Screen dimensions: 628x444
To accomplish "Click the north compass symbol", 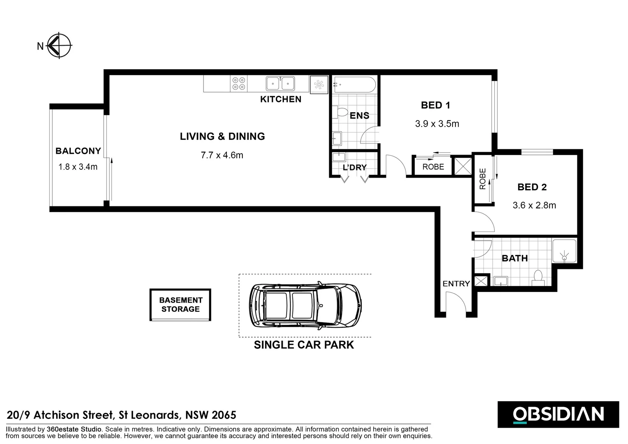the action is coord(59,46).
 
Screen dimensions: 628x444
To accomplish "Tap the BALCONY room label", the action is coord(78,151).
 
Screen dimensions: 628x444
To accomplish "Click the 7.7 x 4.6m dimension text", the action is coord(222,155).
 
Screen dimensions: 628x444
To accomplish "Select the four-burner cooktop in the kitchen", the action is coord(239,83).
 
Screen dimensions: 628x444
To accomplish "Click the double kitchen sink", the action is coord(280,83).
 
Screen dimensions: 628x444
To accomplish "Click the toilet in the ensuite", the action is coord(340,112).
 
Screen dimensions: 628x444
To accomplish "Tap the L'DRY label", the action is coord(355,167).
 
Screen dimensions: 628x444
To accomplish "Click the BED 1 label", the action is coord(436,105).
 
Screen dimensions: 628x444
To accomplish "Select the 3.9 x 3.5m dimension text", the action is coord(437,124).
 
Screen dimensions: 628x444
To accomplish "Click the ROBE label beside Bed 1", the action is coord(433,167).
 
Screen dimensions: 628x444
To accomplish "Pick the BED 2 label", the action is coord(532,187).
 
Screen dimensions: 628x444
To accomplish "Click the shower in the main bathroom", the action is coord(564,251).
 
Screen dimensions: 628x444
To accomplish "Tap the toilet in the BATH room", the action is coord(538,278).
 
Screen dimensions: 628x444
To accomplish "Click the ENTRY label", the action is coord(456,284).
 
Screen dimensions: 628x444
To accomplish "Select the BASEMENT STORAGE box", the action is coord(180,305).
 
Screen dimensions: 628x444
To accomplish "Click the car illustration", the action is coord(305,305).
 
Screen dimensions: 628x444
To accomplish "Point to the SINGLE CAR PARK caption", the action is coord(304,345).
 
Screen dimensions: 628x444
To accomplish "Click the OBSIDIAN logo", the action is coord(558,414).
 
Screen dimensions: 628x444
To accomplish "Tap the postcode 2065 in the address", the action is coord(224,415).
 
